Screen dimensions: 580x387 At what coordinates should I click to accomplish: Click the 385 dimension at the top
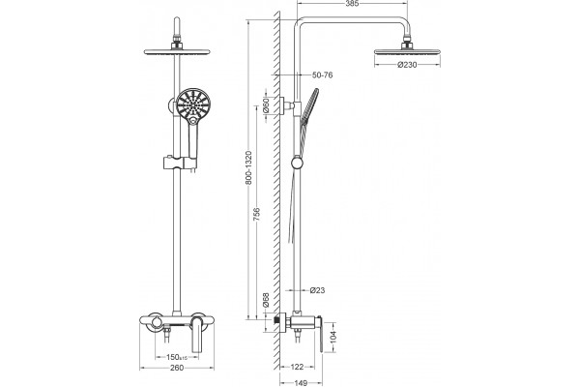[352, 4]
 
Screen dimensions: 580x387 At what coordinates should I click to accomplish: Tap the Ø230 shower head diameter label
[407, 65]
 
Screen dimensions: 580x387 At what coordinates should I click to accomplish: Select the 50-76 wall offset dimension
[322, 75]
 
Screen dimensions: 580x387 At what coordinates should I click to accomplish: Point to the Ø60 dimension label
[265, 105]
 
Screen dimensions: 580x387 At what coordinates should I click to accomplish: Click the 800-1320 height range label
[248, 167]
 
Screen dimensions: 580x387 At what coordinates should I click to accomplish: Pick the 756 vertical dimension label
[256, 215]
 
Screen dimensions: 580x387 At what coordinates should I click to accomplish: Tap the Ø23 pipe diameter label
[317, 290]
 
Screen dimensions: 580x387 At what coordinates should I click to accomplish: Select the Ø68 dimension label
[265, 300]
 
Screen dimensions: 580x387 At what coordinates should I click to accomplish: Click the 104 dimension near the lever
[333, 337]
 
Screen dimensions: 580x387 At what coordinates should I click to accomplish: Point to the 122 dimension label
[297, 367]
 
